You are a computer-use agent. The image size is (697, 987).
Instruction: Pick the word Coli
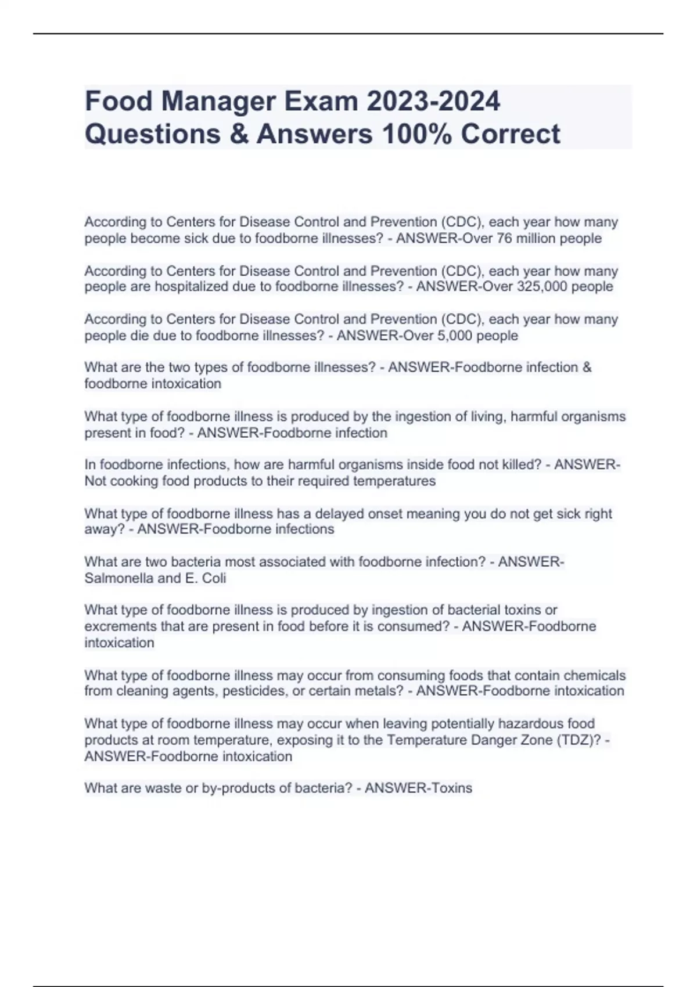(214, 578)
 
